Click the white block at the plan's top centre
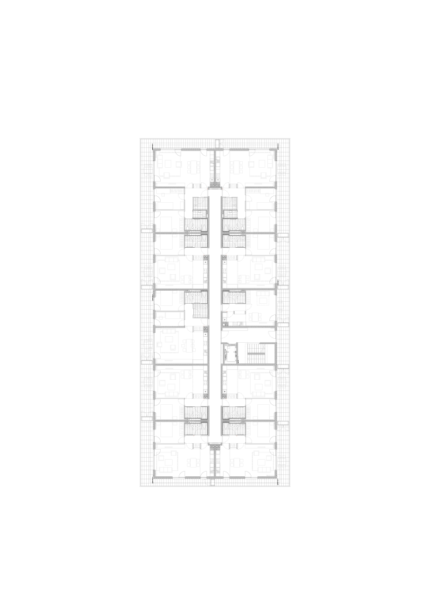217,143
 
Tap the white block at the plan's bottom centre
212,482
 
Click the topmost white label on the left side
147,231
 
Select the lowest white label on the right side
283,423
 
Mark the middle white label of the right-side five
283,324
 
